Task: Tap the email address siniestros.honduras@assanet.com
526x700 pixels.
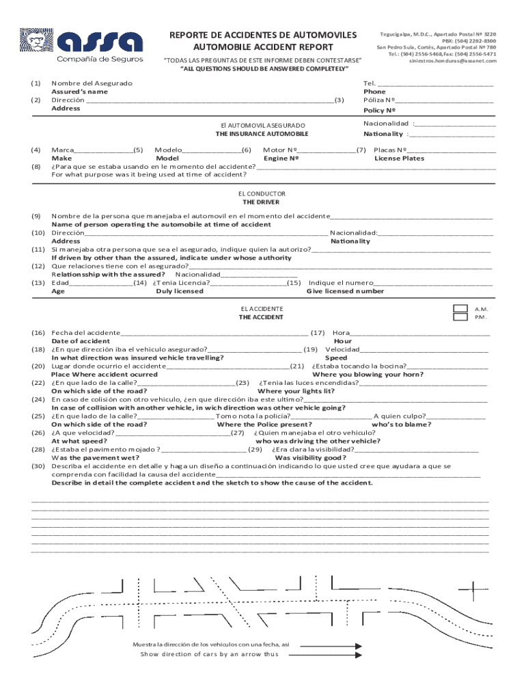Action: click(x=452, y=60)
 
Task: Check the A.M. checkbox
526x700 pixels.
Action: click(x=461, y=309)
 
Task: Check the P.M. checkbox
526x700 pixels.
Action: click(x=461, y=317)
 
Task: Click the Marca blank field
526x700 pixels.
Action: click(x=103, y=150)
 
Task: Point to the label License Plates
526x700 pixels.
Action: click(x=399, y=159)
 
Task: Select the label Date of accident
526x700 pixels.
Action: click(x=81, y=341)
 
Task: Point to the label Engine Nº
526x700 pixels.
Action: click(x=281, y=159)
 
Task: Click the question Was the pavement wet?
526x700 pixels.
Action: click(x=92, y=458)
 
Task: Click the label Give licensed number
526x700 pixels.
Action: click(x=345, y=291)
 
